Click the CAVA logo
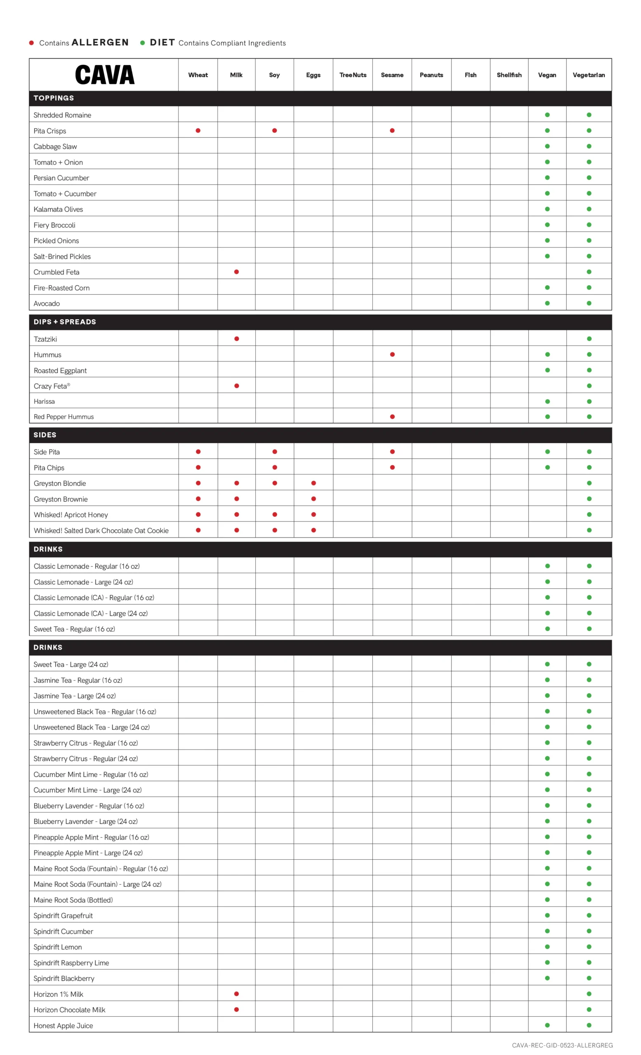[104, 75]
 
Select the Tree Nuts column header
[353, 75]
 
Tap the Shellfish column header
[509, 75]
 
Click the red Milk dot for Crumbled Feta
[236, 272]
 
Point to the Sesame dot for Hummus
[392, 354]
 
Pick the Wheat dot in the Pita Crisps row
[198, 131]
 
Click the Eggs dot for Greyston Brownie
[313, 499]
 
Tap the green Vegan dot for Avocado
[547, 303]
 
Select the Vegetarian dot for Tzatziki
[589, 339]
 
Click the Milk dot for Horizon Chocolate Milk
[236, 1009]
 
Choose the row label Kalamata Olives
[58, 209]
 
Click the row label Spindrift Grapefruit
[63, 915]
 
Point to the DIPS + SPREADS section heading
[65, 322]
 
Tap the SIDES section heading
[45, 435]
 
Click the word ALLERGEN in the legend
[100, 42]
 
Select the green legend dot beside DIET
[142, 43]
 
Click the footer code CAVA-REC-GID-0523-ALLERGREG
[562, 1045]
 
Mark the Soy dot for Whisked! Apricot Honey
[275, 515]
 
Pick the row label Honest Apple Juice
[63, 1025]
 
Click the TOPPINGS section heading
[54, 98]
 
